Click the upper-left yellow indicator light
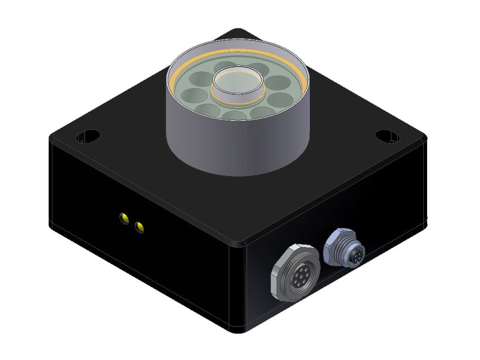(124, 218)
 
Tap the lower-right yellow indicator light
(139, 227)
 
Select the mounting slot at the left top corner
(88, 136)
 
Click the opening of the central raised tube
(237, 84)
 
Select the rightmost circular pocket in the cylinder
(282, 100)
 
